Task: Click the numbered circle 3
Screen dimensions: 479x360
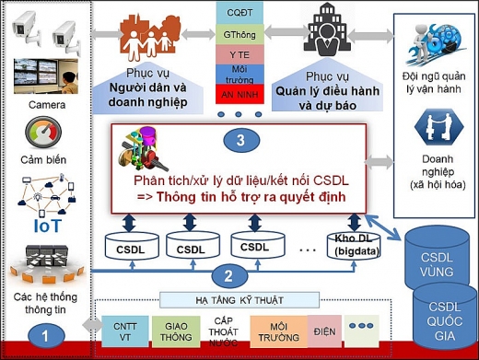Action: pos(240,140)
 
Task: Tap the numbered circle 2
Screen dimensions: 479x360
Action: pos(229,276)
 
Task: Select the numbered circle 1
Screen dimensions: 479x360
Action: pos(46,336)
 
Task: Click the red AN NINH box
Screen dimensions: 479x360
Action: pos(239,94)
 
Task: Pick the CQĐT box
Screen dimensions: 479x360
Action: pos(239,13)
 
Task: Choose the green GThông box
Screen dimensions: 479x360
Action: pos(239,34)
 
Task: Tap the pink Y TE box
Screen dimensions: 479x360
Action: pos(239,54)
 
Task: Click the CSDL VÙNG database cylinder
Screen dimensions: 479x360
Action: pos(437,260)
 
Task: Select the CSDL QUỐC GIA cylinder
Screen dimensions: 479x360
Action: pos(444,319)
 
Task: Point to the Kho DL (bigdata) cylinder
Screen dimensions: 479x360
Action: pos(354,246)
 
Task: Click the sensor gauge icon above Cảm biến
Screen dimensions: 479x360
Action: pos(43,133)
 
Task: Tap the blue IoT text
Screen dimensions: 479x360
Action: pos(48,226)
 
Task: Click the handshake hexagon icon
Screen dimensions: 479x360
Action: pos(438,127)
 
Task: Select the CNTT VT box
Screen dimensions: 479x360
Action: pos(125,331)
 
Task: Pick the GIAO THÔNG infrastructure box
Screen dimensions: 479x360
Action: pos(176,331)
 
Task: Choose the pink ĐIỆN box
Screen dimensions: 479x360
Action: pos(324,331)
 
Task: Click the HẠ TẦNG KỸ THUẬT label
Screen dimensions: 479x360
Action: pos(239,300)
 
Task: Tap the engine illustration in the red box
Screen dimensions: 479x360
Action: pos(142,149)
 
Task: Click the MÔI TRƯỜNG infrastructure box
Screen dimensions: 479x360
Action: pos(279,331)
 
